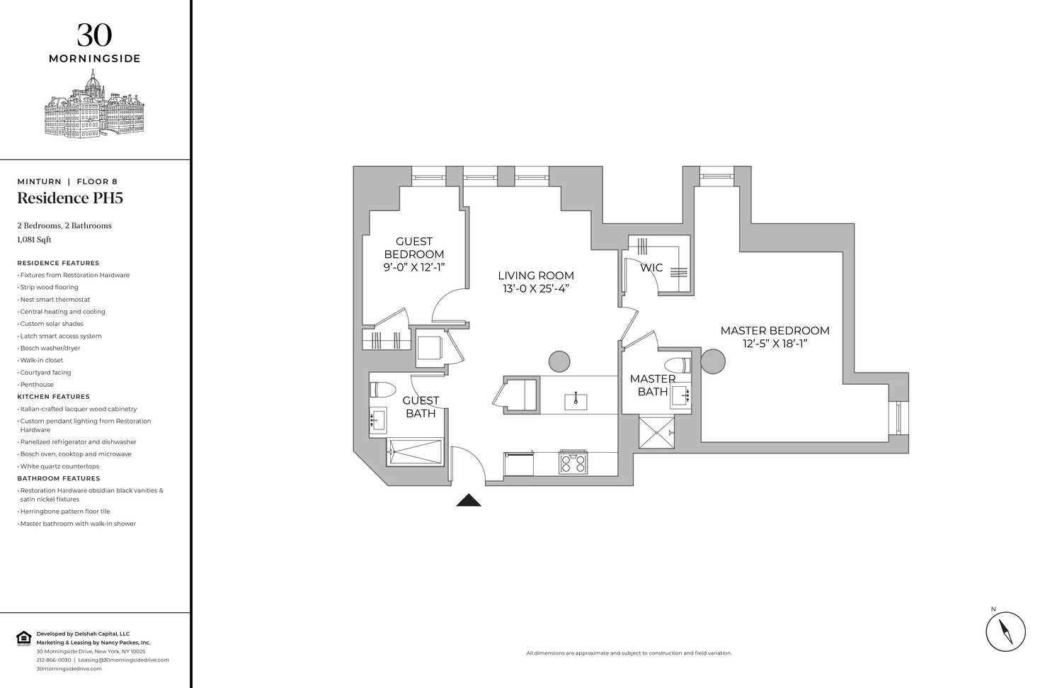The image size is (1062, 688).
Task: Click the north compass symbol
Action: pyautogui.click(x=1005, y=630)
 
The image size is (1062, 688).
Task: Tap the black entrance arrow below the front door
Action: pyautogui.click(x=468, y=500)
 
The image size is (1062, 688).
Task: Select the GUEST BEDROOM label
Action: pyautogui.click(x=414, y=254)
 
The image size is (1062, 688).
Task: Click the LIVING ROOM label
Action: pyautogui.click(x=535, y=281)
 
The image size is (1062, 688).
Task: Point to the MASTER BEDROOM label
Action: pyautogui.click(x=775, y=337)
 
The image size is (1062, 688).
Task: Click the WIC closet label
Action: pyautogui.click(x=651, y=268)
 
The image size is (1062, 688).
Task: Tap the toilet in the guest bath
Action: pyautogui.click(x=382, y=390)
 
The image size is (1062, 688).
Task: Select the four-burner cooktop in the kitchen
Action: pyautogui.click(x=573, y=463)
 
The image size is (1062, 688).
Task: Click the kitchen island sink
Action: pyautogui.click(x=576, y=402)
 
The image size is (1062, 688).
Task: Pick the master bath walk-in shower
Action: pyautogui.click(x=656, y=433)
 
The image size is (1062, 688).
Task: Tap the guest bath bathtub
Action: pyautogui.click(x=415, y=452)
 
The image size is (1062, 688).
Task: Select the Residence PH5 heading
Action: pyautogui.click(x=70, y=198)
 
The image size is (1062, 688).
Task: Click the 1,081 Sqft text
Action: pyautogui.click(x=35, y=239)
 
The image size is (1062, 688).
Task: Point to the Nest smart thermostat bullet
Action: pyautogui.click(x=55, y=300)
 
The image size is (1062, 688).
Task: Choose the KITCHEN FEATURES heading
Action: pyautogui.click(x=54, y=397)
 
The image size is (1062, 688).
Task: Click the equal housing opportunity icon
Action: pyautogui.click(x=23, y=638)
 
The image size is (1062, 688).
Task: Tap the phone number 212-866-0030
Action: pyautogui.click(x=54, y=660)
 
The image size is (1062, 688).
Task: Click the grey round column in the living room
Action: pyautogui.click(x=559, y=361)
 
